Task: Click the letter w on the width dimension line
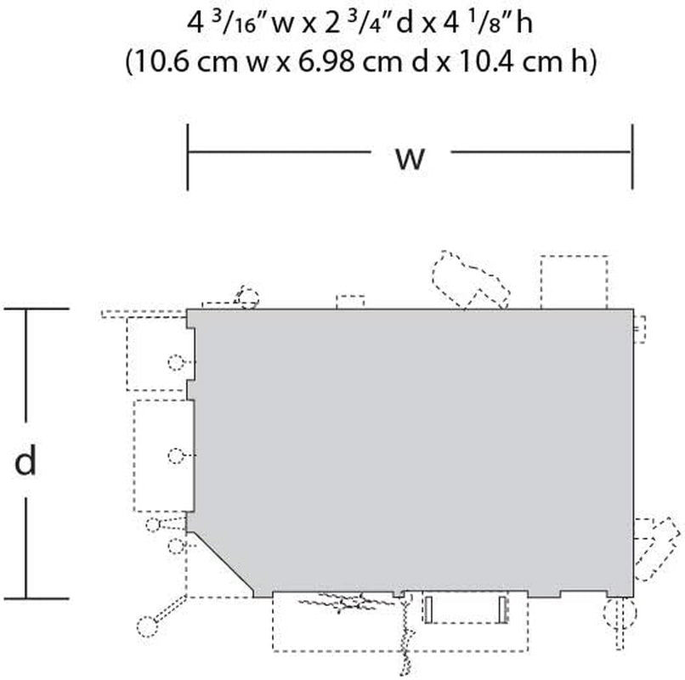point(410,158)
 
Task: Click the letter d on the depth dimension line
point(25,460)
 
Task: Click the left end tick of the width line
point(188,157)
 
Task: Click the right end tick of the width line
point(632,157)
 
